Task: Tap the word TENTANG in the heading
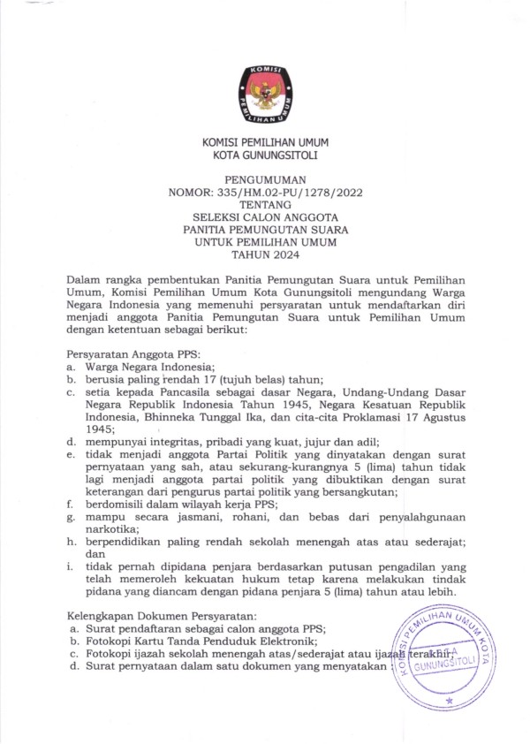click(264, 204)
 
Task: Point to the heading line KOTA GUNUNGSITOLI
click(264, 156)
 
